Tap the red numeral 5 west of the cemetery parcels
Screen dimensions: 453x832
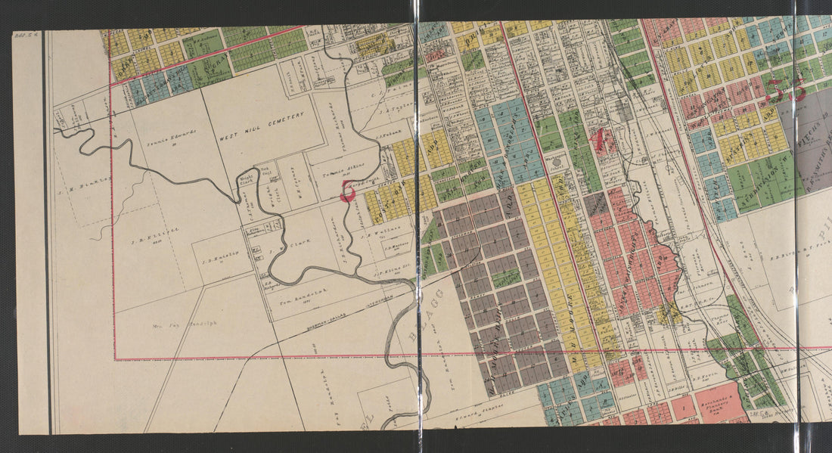pos(348,191)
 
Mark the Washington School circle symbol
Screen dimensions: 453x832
pos(557,163)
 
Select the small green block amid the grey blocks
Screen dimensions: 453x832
pos(506,278)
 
